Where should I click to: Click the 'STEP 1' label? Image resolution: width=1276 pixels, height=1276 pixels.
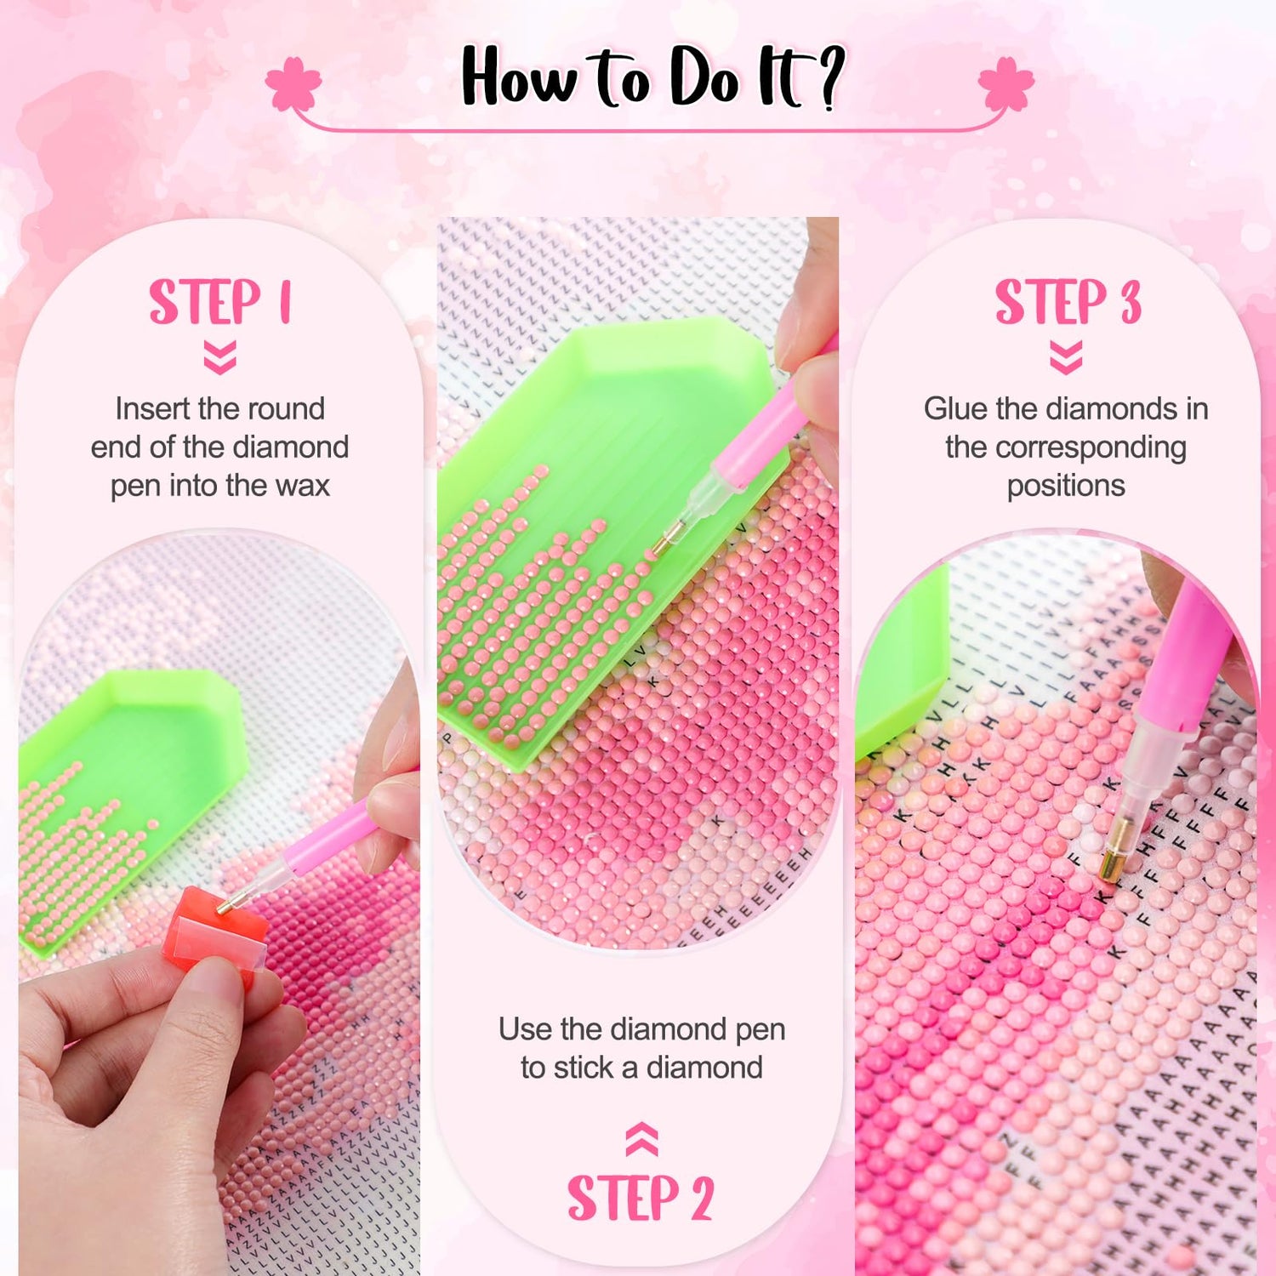click(220, 302)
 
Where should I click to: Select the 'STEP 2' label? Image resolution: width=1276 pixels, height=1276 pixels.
click(641, 1198)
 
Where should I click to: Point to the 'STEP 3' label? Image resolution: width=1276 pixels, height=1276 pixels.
click(1068, 302)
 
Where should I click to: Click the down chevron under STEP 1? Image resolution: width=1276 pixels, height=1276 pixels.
click(220, 358)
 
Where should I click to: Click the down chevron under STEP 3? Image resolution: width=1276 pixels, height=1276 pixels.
click(1066, 358)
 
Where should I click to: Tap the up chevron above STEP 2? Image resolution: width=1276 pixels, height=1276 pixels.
click(641, 1140)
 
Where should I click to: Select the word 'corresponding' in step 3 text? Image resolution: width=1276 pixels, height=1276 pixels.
click(1066, 448)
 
